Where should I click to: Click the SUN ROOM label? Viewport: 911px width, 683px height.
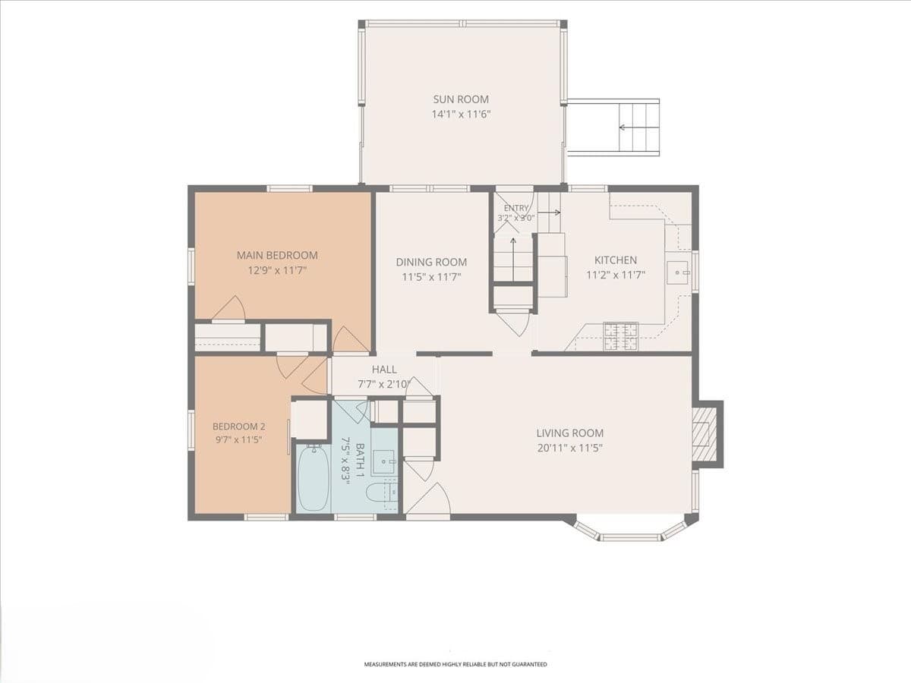pos(461,99)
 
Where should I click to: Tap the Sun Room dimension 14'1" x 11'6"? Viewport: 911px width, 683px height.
pos(461,115)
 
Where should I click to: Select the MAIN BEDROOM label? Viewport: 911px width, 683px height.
pos(277,256)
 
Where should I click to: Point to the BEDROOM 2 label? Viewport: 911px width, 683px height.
pos(238,426)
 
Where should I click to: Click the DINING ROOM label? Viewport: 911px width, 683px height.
pos(431,262)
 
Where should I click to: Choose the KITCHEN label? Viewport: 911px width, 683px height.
pos(616,260)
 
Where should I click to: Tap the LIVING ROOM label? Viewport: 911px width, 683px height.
pos(570,433)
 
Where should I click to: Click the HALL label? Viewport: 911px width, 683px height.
pos(384,369)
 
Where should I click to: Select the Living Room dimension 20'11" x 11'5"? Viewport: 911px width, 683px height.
pos(570,448)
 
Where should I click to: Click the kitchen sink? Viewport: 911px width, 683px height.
pos(677,272)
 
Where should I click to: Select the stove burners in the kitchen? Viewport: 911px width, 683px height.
pos(620,335)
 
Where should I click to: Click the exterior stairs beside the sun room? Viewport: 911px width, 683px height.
pos(639,127)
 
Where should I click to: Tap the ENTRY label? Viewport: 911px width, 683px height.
pos(516,208)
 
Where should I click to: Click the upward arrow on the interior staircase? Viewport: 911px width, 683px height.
pos(513,260)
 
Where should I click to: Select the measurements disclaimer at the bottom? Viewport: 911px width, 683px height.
pos(455,664)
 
